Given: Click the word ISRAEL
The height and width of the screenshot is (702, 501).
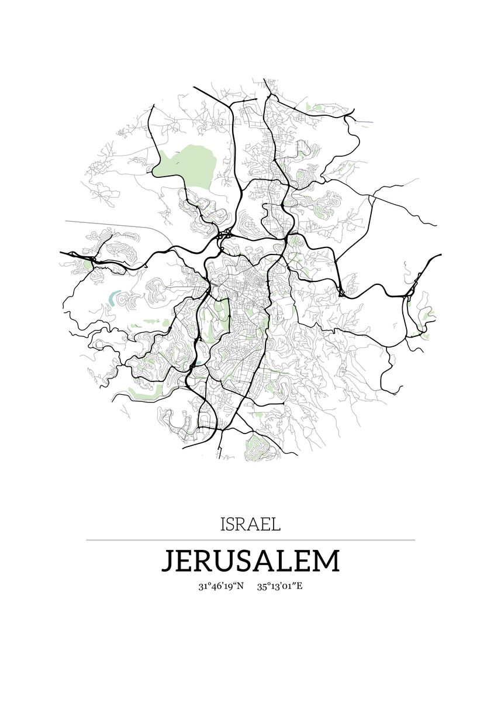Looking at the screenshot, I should click(250, 524).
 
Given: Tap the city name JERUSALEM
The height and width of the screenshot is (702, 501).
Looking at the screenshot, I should click(250, 560).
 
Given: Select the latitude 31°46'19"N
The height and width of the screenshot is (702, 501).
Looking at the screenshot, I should click(221, 586).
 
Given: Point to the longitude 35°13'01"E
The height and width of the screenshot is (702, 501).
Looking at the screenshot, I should click(279, 586).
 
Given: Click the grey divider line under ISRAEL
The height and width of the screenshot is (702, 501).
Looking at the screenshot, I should click(250, 540).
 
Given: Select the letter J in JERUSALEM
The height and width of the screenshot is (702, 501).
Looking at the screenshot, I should click(168, 561).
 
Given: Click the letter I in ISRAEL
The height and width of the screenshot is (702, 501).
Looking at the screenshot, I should click(223, 524).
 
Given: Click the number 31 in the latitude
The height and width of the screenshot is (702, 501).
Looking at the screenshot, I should click(203, 586).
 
